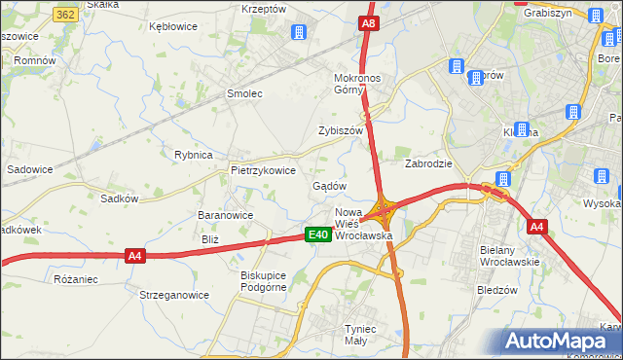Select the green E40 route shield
[317, 234]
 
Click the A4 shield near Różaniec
[135, 256]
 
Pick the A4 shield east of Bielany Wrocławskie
[536, 227]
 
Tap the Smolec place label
[245, 94]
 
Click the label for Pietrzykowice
[263, 169]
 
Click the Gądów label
[329, 185]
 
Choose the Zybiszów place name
[340, 130]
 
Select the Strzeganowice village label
[174, 295]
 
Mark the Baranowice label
[226, 215]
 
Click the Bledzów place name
[497, 290]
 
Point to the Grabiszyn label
[547, 13]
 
